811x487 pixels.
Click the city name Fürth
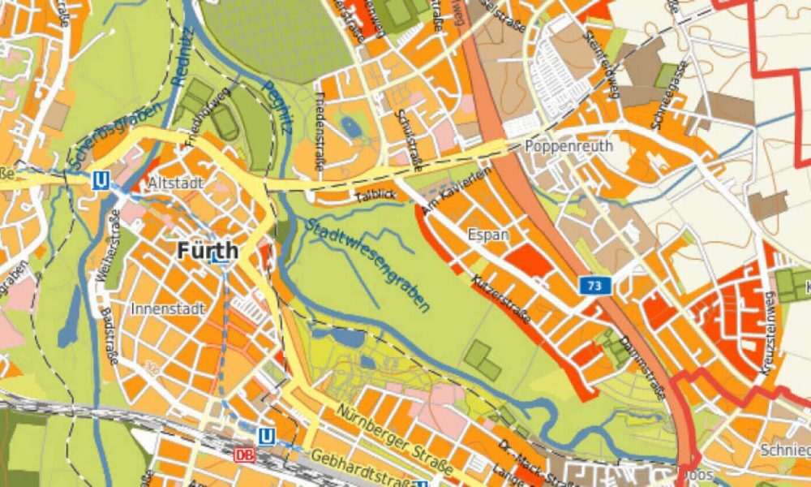(208, 250)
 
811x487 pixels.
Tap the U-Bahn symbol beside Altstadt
(101, 180)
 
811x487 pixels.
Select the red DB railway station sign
(244, 455)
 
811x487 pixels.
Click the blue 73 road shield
(594, 285)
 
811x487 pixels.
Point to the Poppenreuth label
(569, 147)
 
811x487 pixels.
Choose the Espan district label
(487, 235)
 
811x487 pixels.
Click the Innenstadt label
(168, 309)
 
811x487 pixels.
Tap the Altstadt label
(176, 183)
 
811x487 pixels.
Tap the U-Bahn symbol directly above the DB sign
(266, 437)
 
